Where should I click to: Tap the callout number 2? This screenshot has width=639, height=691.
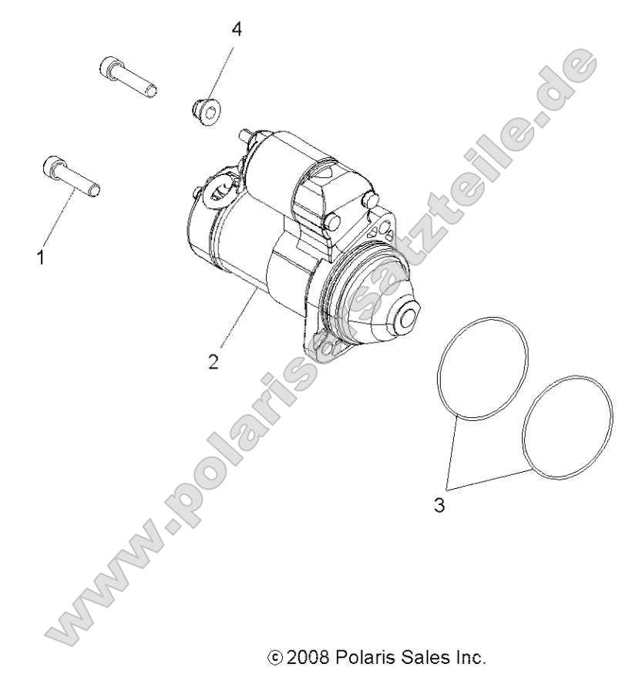(x=214, y=360)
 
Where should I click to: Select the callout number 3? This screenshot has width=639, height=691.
(x=439, y=507)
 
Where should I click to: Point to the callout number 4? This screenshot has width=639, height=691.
(x=237, y=29)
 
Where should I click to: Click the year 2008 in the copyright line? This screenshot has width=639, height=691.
(x=308, y=659)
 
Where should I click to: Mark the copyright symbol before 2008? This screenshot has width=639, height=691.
(x=273, y=659)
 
